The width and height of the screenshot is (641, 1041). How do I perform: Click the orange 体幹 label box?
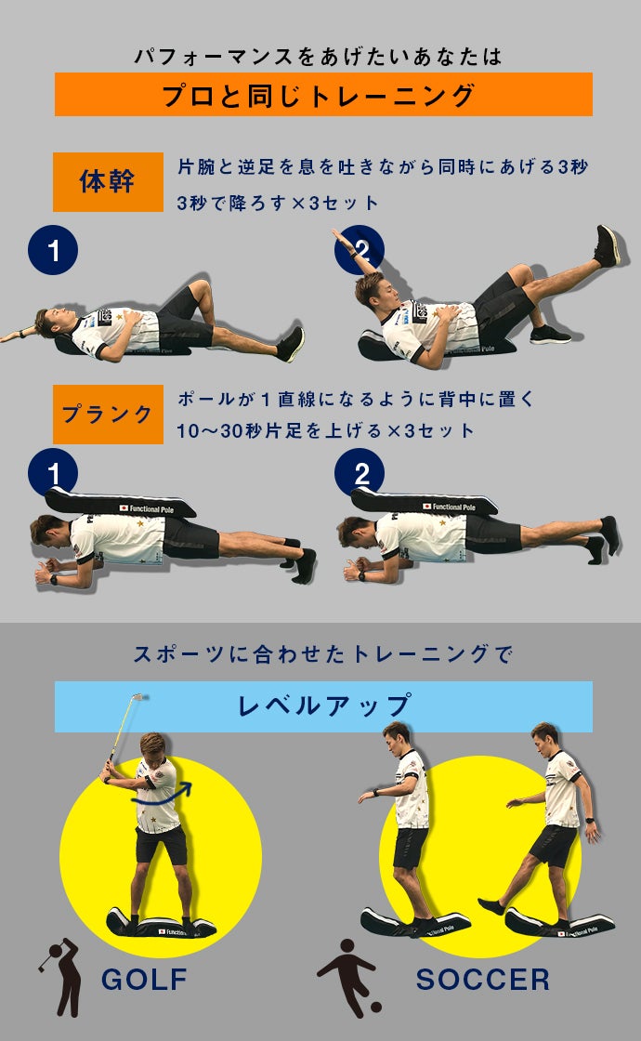pos(108,182)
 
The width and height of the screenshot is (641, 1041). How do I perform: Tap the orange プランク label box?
pos(108,415)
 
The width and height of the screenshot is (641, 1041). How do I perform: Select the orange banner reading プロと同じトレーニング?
pos(323,94)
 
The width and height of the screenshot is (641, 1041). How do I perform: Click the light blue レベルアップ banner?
pos(323,706)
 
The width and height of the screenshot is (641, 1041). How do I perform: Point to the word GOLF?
pos(145,980)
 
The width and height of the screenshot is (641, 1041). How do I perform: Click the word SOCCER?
pos(483,980)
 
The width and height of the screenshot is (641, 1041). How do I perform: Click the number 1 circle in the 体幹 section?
pos(53,250)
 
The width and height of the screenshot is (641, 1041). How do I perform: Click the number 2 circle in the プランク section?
pos(360,473)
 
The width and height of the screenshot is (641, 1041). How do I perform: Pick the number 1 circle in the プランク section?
pos(53,473)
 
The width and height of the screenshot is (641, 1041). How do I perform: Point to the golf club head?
pos(138,698)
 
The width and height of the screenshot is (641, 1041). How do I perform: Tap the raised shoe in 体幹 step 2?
pos(608,245)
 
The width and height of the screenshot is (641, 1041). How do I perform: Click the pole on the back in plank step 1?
pos(121,503)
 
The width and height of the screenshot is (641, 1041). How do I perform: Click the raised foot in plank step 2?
pos(610,534)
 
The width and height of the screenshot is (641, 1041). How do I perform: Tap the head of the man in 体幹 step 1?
pos(53,322)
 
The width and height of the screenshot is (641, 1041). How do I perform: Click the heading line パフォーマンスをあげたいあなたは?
pos(319,57)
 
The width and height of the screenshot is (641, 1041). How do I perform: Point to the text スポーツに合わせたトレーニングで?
pos(323,654)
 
